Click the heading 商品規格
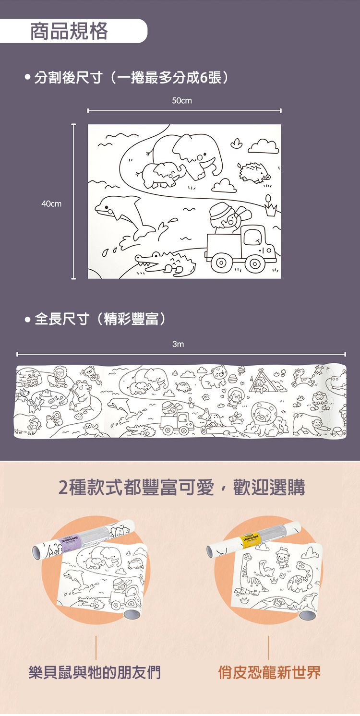[69, 32]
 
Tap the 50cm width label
[181, 101]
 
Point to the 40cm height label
[51, 204]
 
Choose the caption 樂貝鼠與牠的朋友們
[95, 672]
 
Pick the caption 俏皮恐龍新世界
[269, 672]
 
